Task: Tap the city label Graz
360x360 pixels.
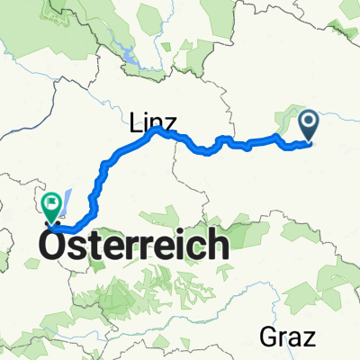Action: (289, 338)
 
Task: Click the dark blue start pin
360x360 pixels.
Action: (308, 124)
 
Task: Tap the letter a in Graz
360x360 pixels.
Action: (296, 340)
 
